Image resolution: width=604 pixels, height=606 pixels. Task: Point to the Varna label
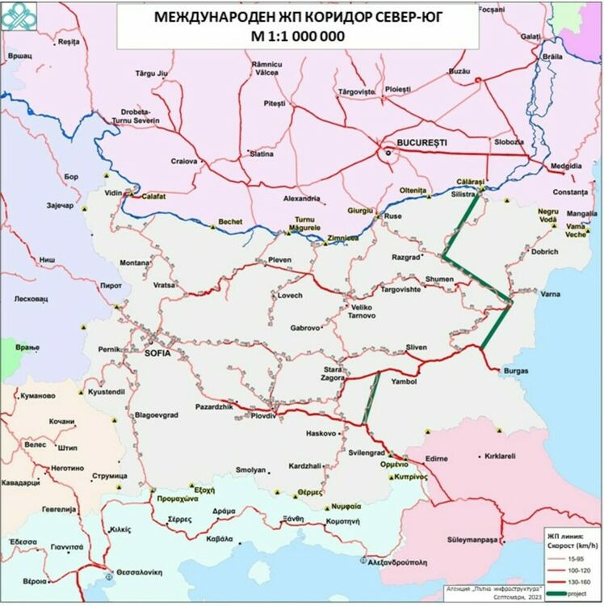[x=551, y=294]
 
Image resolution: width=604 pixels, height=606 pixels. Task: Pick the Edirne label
[x=437, y=458]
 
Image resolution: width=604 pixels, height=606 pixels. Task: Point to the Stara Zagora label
[x=333, y=372]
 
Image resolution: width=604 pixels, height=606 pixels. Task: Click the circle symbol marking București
[x=387, y=152]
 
